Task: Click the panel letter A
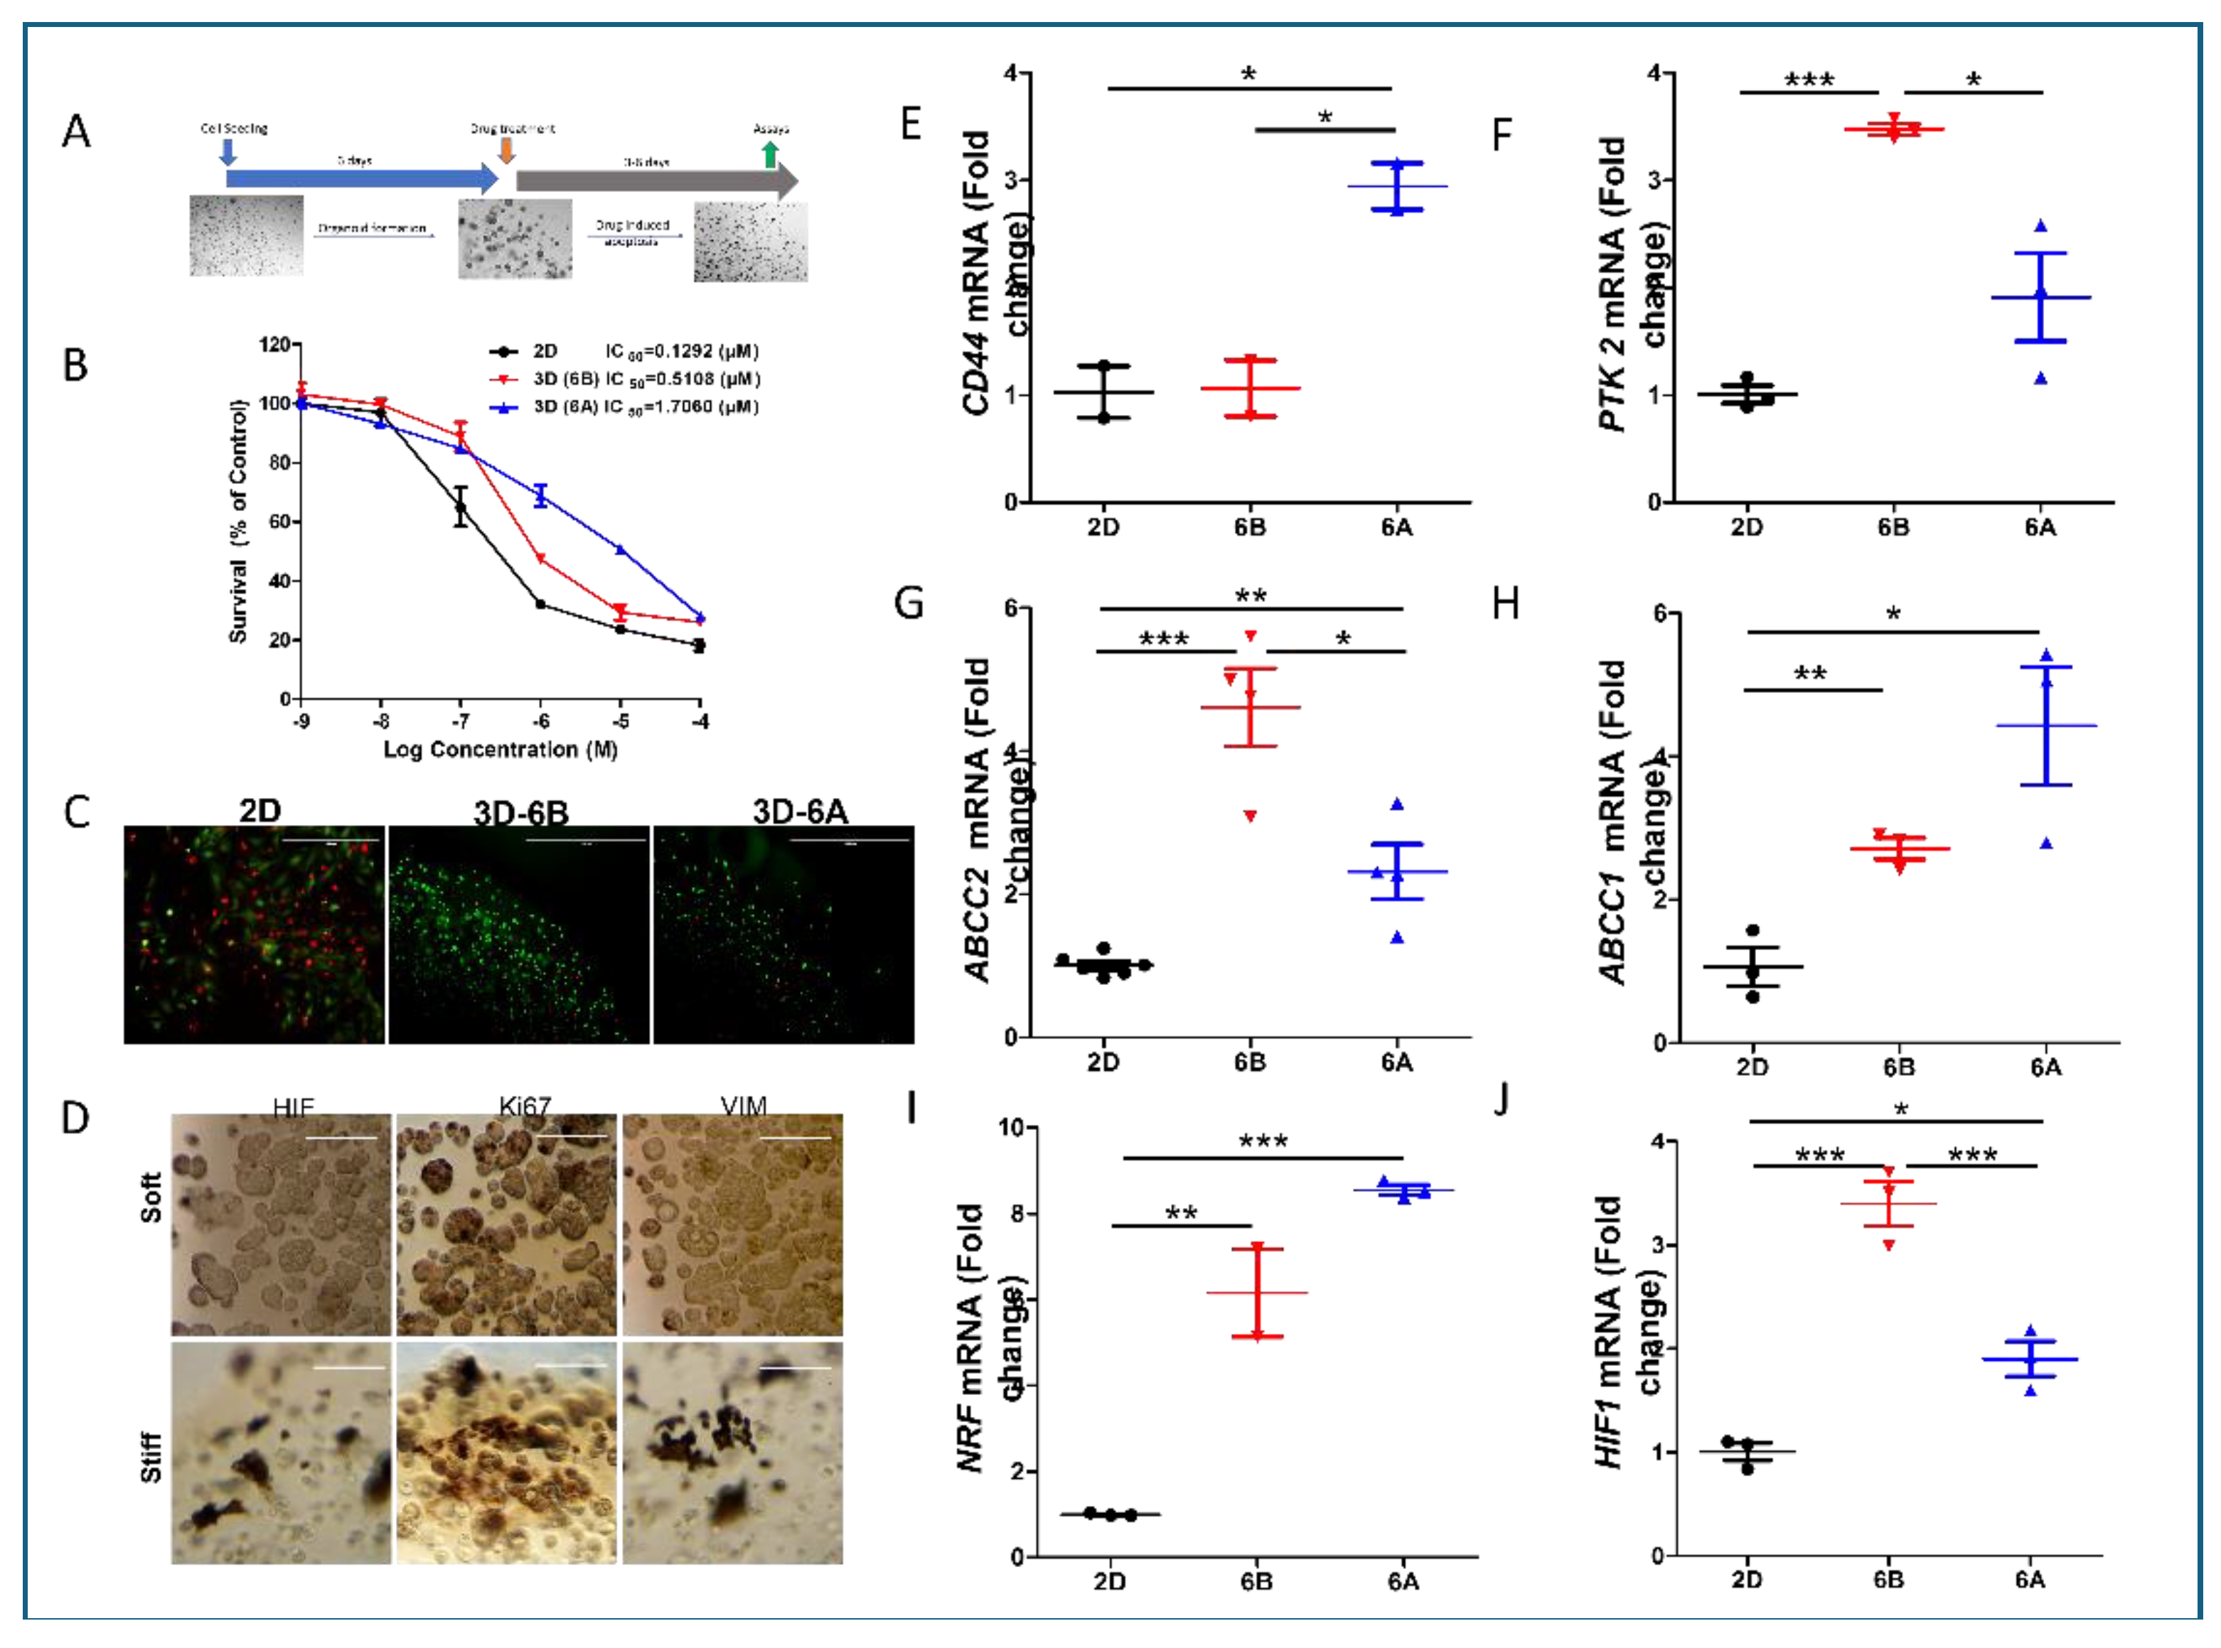tap(76, 131)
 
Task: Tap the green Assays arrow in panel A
tap(769, 154)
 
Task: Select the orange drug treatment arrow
tap(507, 150)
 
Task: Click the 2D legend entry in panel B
tap(544, 351)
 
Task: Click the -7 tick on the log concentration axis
tap(460, 721)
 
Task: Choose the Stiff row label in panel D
tap(151, 1456)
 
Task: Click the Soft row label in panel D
tap(151, 1197)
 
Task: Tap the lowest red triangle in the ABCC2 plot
tap(1249, 816)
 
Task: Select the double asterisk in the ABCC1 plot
tap(1810, 674)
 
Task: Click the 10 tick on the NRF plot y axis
tap(1012, 1127)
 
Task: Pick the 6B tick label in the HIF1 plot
tap(1888, 1579)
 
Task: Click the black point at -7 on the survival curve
tap(460, 507)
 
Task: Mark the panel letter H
tap(1504, 603)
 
